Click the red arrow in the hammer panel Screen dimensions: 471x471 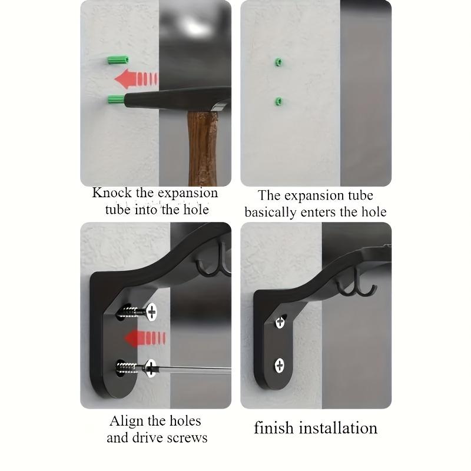pyautogui.click(x=136, y=79)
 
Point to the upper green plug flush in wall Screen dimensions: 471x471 pyautogui.click(x=278, y=62)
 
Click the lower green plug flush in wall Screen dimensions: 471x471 pyautogui.click(x=278, y=102)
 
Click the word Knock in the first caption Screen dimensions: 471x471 pyautogui.click(x=113, y=193)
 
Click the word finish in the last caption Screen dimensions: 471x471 pyautogui.click(x=274, y=428)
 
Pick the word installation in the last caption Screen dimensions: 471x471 pyautogui.click(x=339, y=428)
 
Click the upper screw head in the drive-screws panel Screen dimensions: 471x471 pyautogui.click(x=151, y=311)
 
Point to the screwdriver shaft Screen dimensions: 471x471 pyautogui.click(x=194, y=370)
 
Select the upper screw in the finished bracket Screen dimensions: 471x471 pyautogui.click(x=280, y=321)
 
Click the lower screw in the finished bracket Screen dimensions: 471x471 pyautogui.click(x=280, y=365)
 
